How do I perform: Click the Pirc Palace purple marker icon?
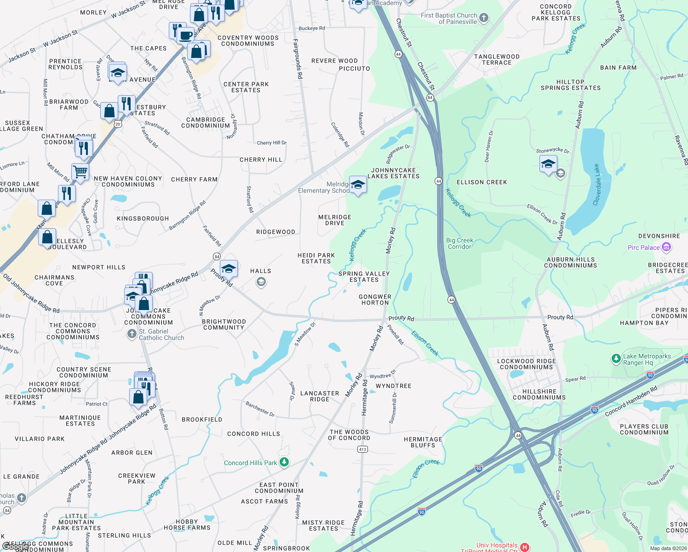click(666, 247)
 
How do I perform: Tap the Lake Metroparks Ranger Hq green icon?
click(616, 359)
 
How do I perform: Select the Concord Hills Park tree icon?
click(284, 462)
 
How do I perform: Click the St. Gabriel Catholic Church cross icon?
click(132, 334)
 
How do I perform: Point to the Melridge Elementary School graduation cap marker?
click(358, 185)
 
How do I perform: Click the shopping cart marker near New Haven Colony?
click(80, 172)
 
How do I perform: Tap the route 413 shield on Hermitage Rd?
click(362, 449)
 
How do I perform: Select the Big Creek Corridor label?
click(459, 243)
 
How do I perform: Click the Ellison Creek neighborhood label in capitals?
click(482, 182)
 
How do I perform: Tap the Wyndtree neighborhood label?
click(393, 386)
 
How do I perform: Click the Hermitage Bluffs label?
click(423, 442)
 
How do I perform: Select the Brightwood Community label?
click(224, 324)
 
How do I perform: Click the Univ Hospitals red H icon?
click(525, 547)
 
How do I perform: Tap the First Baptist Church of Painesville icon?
click(484, 18)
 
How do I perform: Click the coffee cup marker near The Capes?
click(186, 35)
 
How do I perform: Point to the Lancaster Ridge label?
click(320, 396)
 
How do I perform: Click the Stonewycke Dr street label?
click(552, 150)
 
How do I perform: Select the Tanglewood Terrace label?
click(497, 59)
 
